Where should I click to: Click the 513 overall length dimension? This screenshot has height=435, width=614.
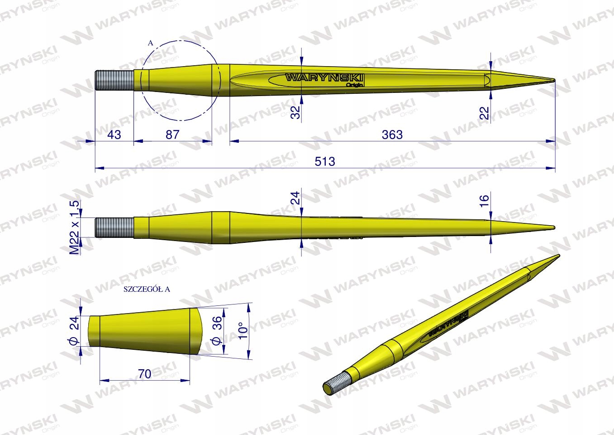(x=325, y=161)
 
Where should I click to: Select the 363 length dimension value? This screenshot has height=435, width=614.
(x=392, y=135)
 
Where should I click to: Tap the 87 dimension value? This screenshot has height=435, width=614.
(x=172, y=135)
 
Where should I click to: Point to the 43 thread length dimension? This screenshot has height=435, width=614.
(x=114, y=135)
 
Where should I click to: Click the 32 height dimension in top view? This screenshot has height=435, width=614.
(x=295, y=112)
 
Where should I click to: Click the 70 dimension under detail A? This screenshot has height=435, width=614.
(x=144, y=373)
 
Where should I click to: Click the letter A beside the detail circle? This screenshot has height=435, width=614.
(x=151, y=43)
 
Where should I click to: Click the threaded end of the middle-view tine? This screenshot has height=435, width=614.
(x=114, y=227)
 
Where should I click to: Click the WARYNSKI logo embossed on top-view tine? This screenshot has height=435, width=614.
(x=324, y=78)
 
